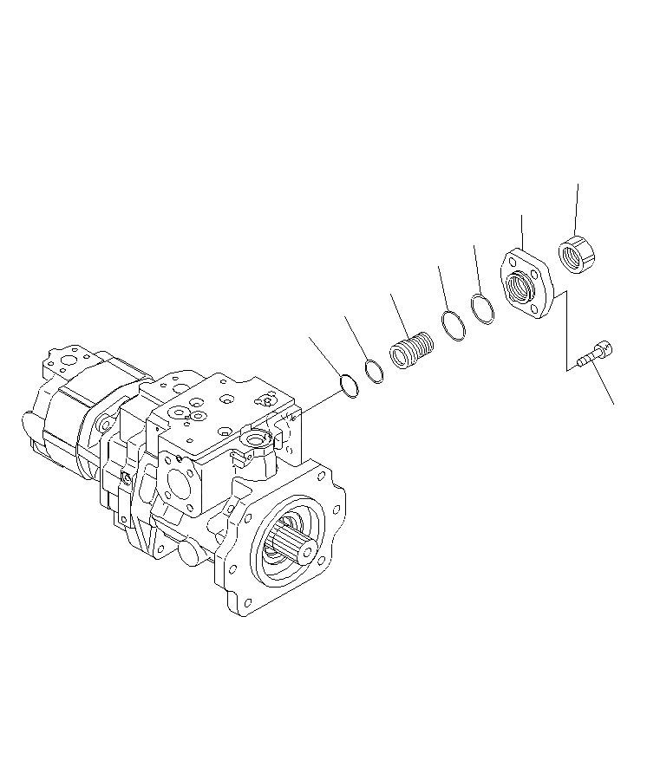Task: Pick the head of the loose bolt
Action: point(607,348)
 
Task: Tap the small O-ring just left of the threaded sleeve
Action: point(375,372)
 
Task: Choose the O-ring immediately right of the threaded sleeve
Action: point(452,325)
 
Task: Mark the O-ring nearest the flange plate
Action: point(483,308)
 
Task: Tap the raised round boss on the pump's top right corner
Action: point(256,443)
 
